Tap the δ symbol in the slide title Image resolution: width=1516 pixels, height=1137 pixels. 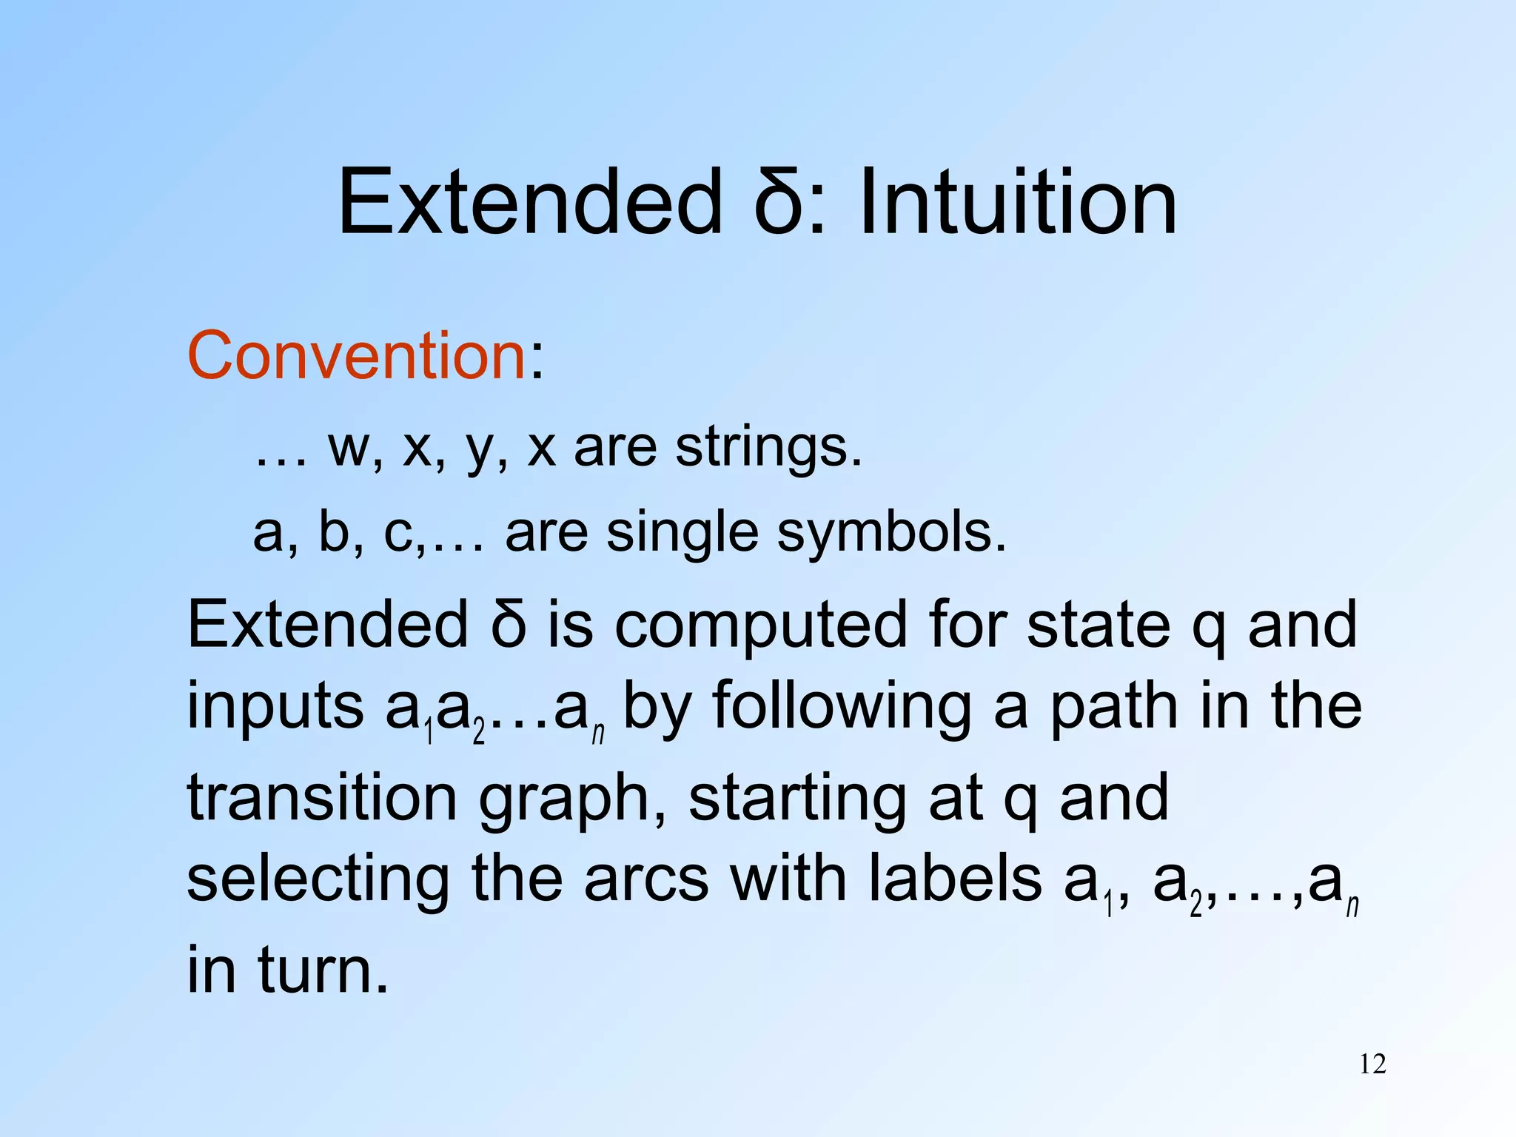(x=778, y=201)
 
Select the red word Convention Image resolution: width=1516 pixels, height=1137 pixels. (x=357, y=356)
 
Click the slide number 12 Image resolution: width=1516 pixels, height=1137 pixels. (x=1372, y=1064)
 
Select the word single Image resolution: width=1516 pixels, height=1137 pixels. (x=682, y=532)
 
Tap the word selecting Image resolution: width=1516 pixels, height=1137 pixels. (x=318, y=881)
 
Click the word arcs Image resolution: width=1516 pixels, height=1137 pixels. (x=645, y=881)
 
